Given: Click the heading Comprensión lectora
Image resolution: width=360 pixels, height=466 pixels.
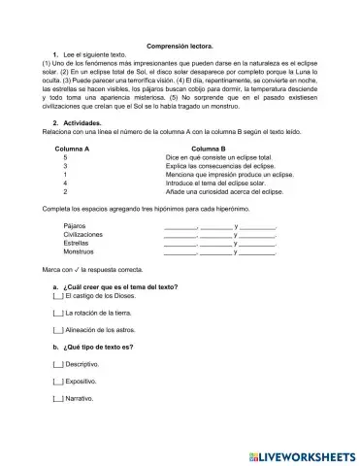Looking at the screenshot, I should point(180,47).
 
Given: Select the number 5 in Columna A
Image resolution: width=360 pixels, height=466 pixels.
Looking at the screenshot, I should point(65,156).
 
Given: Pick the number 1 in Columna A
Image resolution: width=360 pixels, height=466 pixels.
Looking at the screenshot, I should point(65,174).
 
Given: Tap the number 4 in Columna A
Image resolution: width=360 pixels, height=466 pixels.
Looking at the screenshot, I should point(65,183).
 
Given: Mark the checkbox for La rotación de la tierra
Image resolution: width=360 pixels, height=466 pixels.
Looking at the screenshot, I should point(57,315).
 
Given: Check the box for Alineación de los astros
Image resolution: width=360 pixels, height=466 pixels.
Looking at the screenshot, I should point(57,331).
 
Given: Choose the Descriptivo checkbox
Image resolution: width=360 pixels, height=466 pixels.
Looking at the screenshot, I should point(57,364).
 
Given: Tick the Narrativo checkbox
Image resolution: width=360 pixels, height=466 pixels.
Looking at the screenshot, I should point(57,398).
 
